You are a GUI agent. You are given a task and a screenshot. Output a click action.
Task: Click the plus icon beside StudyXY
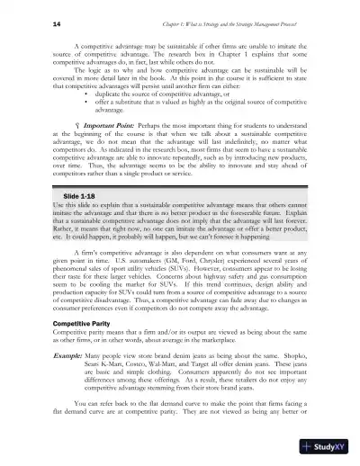310,448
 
